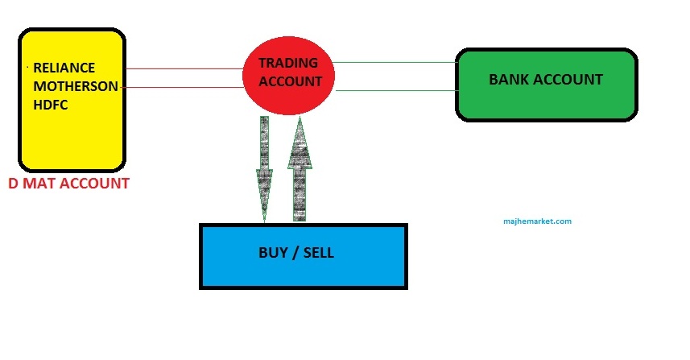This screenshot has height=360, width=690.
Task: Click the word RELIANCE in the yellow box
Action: coord(64,67)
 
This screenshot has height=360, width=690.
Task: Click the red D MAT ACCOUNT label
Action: coord(68,184)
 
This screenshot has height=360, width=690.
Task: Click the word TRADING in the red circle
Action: coord(288,63)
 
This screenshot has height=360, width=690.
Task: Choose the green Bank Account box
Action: coord(546,86)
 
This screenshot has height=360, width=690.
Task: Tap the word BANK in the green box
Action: coord(510,80)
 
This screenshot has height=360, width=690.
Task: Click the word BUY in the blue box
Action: coord(273,253)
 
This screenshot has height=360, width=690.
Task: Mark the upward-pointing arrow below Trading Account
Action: coord(300,169)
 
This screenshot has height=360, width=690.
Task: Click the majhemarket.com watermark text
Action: coord(538,221)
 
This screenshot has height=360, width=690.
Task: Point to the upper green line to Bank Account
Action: coord(395,62)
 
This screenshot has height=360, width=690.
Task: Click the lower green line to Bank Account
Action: coord(395,91)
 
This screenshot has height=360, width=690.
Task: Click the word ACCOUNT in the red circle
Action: coord(289,81)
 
